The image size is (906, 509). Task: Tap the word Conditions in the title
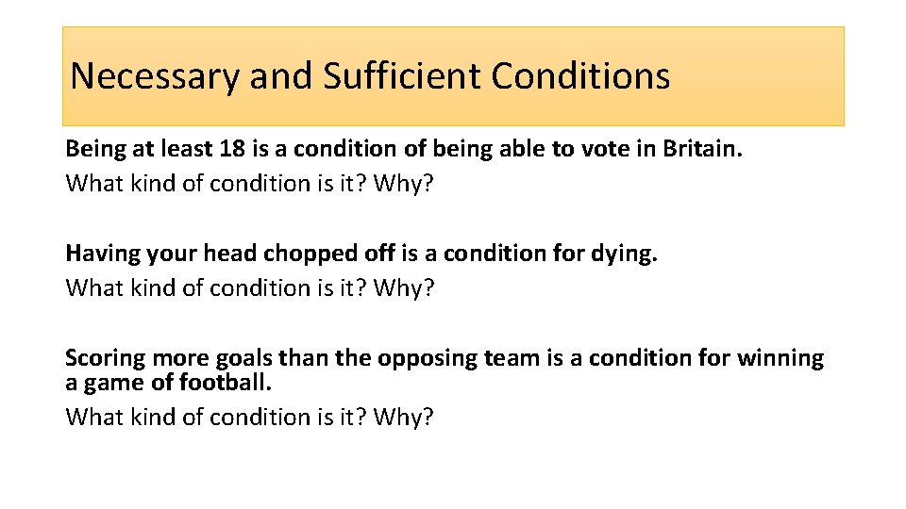pyautogui.click(x=581, y=76)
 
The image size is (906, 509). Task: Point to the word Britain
pyautogui.click(x=702, y=149)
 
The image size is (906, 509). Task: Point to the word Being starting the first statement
pyautogui.click(x=92, y=149)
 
